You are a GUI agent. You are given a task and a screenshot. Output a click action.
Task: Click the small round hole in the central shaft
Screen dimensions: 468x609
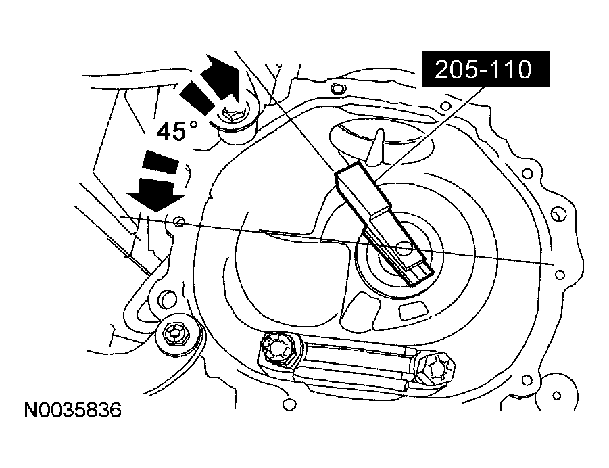pos(404,248)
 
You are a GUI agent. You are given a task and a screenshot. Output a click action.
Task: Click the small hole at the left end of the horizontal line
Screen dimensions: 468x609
pos(178,220)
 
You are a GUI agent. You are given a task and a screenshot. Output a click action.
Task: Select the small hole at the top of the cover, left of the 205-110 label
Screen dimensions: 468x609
pos(337,87)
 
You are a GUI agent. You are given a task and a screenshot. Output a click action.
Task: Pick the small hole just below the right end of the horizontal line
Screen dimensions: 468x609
pos(558,274)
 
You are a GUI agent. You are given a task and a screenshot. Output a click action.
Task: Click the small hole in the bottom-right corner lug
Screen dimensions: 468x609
pos(558,394)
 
